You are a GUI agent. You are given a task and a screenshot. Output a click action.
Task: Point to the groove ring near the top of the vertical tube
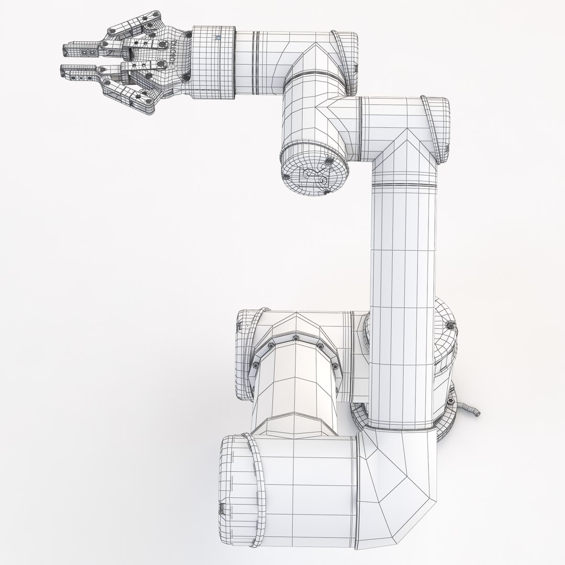point(403,185)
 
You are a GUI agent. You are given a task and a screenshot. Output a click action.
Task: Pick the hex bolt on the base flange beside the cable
point(449,401)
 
